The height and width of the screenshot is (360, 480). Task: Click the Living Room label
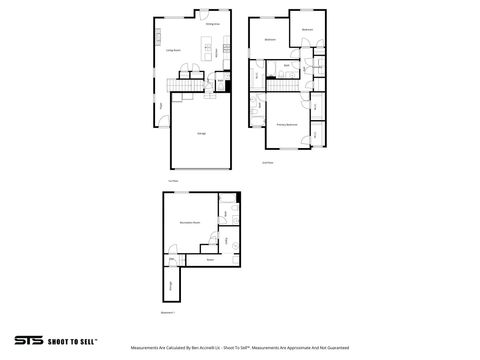[172, 49]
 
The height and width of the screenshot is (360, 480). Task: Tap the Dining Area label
[213, 24]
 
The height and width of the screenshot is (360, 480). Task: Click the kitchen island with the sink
[205, 50]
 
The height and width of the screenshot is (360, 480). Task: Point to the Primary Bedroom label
[287, 125]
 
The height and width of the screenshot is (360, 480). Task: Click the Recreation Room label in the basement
[187, 223]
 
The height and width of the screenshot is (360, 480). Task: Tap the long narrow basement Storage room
[168, 286]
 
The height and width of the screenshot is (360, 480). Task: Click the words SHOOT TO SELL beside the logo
[67, 342]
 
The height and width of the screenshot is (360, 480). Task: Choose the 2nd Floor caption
[268, 161]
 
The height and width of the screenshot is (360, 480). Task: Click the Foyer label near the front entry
[162, 104]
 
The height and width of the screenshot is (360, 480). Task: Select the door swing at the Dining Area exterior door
[205, 16]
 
